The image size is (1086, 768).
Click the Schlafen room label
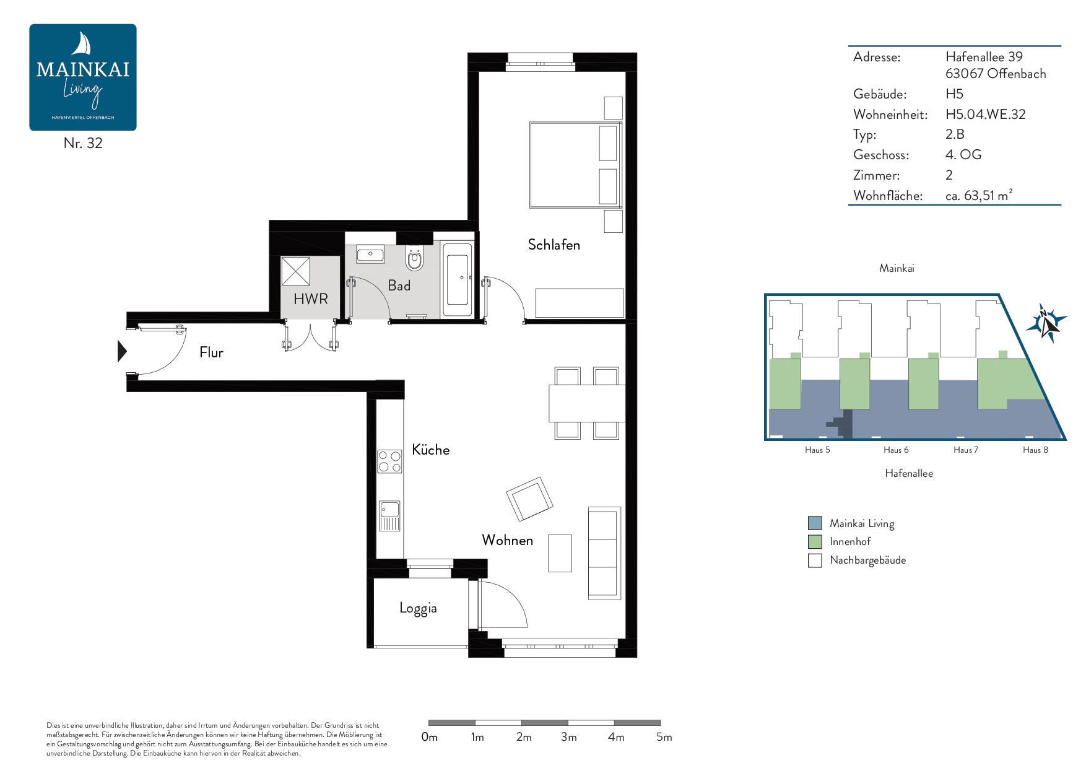coord(554,245)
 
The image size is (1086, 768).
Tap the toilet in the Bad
coord(414,258)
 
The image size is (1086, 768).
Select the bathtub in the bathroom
coord(458,280)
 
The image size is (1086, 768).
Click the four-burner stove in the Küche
coord(389,461)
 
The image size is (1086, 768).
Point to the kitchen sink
coord(389,516)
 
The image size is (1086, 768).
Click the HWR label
coord(311,299)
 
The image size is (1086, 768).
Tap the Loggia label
coord(418,608)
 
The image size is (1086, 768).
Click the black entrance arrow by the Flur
coord(122,351)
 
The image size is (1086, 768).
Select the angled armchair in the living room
coord(529,499)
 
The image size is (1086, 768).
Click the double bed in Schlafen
coord(576,165)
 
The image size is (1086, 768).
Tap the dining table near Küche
coord(586,403)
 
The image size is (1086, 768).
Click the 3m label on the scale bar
coord(568,737)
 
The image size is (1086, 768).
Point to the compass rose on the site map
coord(1046,323)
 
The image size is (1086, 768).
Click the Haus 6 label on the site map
coord(896,450)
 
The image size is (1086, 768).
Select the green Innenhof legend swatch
coord(815,542)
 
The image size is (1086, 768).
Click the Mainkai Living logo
coord(83,77)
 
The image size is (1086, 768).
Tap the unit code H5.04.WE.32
coord(985,115)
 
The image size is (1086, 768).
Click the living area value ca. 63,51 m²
coord(979,195)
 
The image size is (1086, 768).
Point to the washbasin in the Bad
coord(370,254)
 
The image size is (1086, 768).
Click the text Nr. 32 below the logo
coord(83,143)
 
